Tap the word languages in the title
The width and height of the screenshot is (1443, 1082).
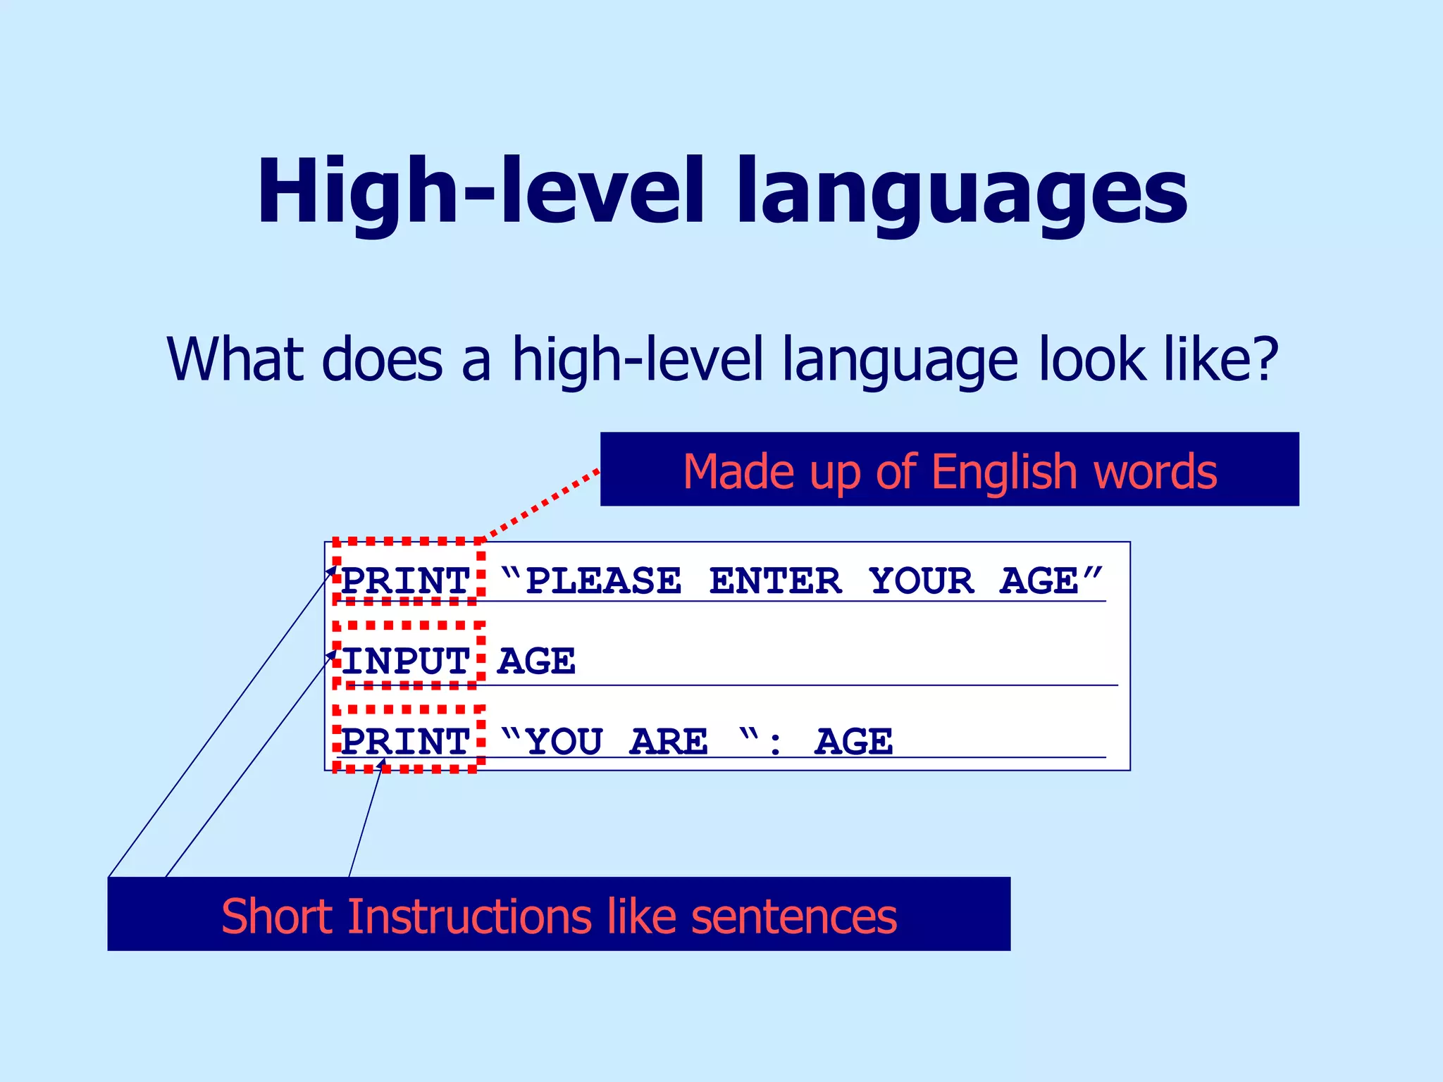(962, 194)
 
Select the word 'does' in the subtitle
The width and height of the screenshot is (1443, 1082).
(382, 359)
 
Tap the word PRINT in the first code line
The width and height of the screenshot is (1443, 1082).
(406, 581)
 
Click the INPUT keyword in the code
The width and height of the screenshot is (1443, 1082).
(406, 661)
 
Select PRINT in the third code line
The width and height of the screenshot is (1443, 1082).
(406, 742)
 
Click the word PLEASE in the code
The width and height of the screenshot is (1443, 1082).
(604, 581)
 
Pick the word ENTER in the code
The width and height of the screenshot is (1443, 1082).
(775, 581)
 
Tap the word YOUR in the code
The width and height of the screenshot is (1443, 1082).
(922, 581)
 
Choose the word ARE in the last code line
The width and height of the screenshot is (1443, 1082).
(669, 742)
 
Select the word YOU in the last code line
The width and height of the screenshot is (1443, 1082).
(564, 742)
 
